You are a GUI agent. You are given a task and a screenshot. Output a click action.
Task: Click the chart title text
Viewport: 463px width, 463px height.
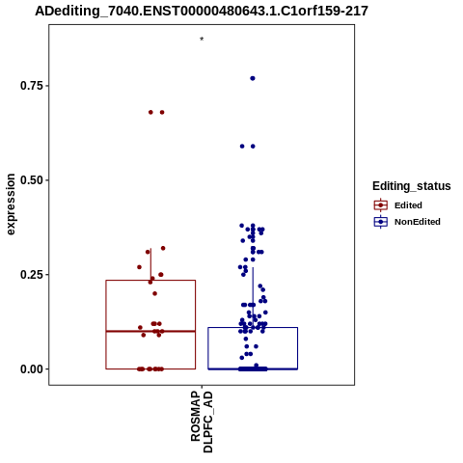[x=202, y=12]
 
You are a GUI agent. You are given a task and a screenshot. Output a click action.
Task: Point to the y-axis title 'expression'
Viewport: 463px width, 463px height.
[x=11, y=204]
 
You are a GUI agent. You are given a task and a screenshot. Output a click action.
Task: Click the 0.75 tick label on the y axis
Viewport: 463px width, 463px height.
[x=32, y=86]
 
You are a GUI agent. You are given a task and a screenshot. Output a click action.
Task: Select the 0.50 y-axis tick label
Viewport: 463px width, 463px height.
[x=32, y=180]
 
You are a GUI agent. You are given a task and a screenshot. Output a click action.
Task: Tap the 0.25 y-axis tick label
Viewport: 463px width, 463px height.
[x=32, y=275]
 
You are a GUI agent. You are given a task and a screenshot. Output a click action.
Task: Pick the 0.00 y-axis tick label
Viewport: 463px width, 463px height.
[x=32, y=369]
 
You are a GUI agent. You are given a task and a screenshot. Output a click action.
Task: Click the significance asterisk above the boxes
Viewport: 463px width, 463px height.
[x=202, y=40]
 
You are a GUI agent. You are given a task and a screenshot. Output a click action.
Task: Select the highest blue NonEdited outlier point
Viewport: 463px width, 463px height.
[x=253, y=78]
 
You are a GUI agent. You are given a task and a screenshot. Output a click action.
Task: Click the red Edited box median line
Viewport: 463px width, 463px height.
[x=150, y=331]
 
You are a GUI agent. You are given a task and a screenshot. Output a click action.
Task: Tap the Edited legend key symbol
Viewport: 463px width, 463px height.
[x=381, y=204]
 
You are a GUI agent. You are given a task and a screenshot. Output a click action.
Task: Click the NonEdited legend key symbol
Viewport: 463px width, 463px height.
[x=381, y=222]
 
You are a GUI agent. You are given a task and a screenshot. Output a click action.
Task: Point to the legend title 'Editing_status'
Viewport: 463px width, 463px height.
[x=412, y=186]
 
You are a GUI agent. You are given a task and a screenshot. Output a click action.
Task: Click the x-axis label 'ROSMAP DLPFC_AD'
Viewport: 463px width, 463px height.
[x=202, y=422]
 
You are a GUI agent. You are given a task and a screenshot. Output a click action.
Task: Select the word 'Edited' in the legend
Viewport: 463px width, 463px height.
[x=408, y=205]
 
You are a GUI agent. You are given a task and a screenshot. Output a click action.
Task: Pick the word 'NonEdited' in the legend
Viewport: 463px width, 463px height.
[x=418, y=222]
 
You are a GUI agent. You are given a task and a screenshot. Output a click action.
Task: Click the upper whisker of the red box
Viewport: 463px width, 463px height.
[x=150, y=264]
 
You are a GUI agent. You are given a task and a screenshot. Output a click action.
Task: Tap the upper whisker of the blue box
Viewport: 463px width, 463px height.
[x=253, y=297]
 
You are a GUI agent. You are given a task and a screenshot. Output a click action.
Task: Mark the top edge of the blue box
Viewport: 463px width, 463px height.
[x=253, y=327]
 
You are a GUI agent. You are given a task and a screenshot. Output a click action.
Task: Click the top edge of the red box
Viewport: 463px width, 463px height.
[x=150, y=281]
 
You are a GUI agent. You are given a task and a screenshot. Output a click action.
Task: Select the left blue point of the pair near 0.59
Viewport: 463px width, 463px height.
[x=242, y=147]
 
